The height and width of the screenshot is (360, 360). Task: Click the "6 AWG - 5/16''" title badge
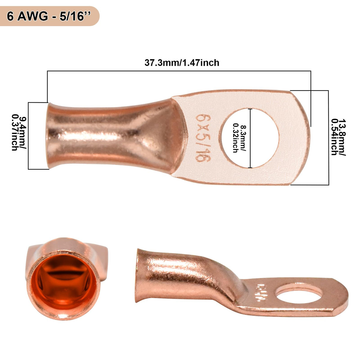coord(49,16)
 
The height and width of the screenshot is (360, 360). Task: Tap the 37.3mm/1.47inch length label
coord(182,63)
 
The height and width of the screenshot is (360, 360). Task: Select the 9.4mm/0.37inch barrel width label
coord(19,133)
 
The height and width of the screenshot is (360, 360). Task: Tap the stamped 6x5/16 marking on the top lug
coord(203,138)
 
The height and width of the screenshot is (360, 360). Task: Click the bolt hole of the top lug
coord(250,138)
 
